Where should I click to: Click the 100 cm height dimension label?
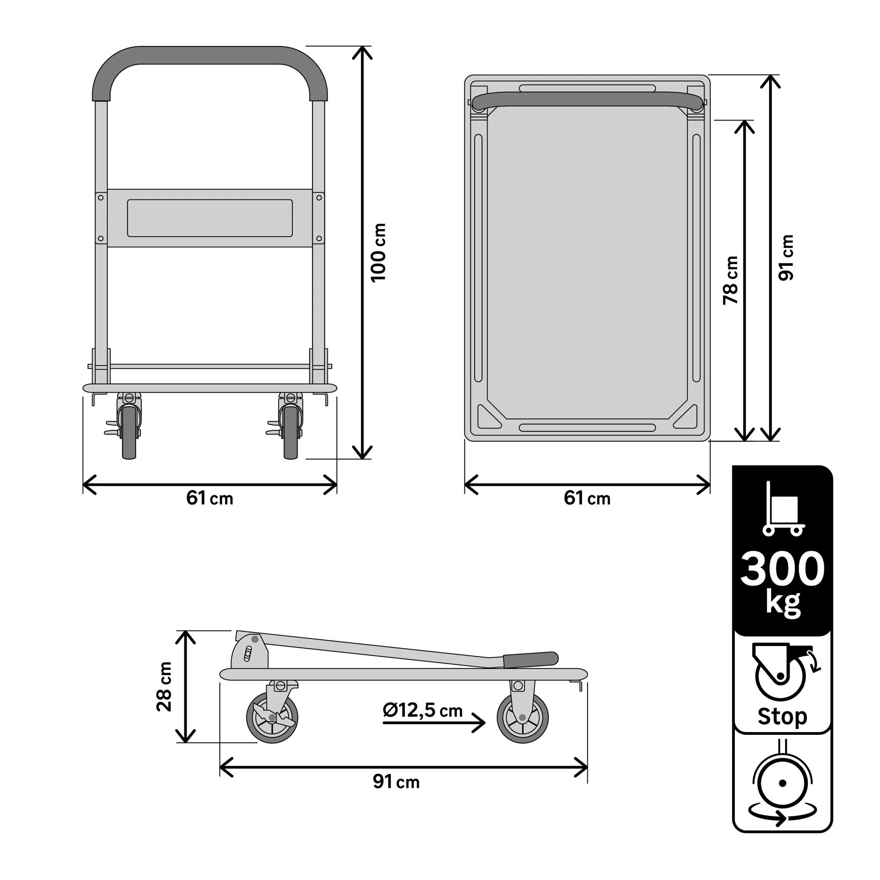(378, 253)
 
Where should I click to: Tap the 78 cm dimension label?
(730, 280)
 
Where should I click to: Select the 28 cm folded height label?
(164, 686)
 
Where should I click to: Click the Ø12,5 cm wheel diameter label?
(422, 710)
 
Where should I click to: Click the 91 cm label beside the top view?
(786, 258)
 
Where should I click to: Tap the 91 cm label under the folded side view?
(396, 781)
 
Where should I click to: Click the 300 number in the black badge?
(782, 569)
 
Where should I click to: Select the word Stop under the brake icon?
(782, 716)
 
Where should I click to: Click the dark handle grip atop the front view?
(209, 55)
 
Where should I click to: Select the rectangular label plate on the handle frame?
(209, 218)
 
